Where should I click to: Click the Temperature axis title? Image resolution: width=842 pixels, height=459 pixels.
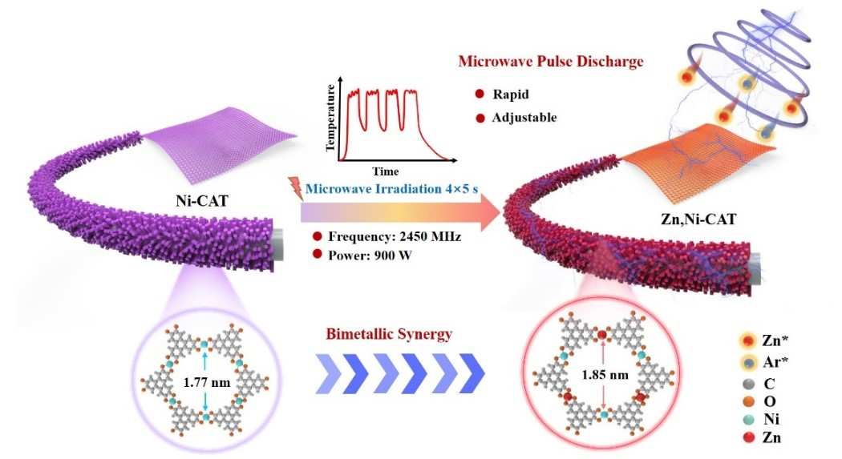(330, 122)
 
